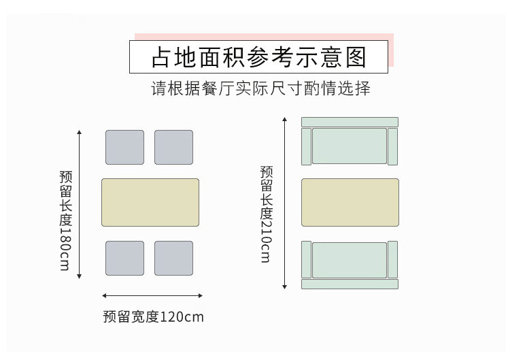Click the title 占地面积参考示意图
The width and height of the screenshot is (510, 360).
pos(258,57)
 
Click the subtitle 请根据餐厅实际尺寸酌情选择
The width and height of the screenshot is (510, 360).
pos(260,89)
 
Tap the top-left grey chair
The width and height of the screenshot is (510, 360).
pos(124,147)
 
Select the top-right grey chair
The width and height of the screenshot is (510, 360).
pos(173,147)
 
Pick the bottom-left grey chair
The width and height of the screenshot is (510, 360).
pos(124,258)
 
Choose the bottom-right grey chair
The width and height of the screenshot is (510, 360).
pos(173,258)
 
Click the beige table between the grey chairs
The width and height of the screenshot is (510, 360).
pos(150,202)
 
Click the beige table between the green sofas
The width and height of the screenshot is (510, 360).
pos(350,202)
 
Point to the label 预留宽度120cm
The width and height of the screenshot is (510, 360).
pos(154,316)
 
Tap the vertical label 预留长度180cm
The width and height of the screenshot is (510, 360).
pos(65,220)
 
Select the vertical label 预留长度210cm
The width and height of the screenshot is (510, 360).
pos(266,214)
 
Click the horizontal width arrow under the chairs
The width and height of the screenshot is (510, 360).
pos(152,295)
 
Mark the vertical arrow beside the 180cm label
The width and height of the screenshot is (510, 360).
pos(80,203)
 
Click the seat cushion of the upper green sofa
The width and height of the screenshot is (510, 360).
pos(350,146)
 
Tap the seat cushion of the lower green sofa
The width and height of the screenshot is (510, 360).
pos(350,260)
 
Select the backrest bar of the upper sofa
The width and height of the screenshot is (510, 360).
pos(350,122)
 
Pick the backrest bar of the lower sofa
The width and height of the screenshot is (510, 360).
pos(350,284)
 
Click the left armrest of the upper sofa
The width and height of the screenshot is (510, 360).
pos(306,146)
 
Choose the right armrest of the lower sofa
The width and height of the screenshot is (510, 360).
pos(392,259)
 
